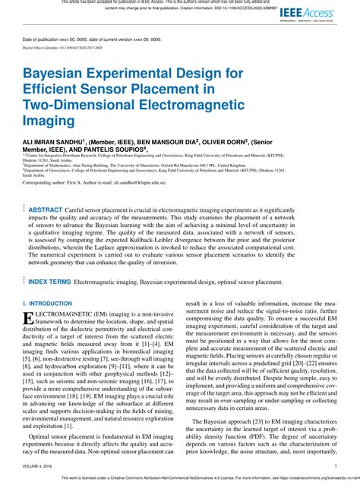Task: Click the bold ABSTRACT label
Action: tap(46, 208)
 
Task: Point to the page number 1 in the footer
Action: tap(335, 467)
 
